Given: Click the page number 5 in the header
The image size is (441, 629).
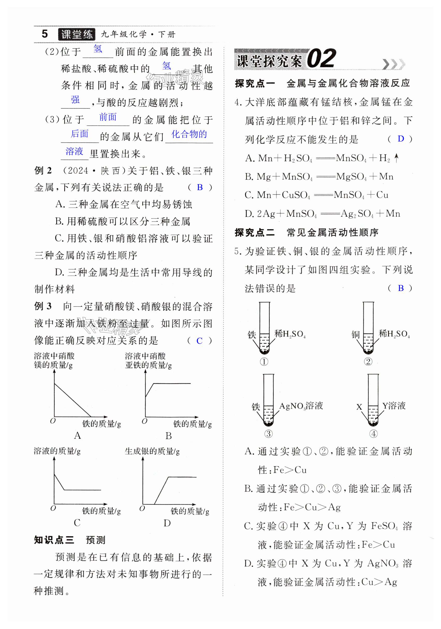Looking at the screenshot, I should coord(45,34).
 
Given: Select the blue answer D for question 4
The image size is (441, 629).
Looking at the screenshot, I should coord(401,139).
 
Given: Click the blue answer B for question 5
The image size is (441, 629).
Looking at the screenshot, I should coord(401,288).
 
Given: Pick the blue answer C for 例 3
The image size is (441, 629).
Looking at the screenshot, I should coord(200,341).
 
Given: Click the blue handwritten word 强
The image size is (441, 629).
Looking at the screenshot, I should coord(75,100).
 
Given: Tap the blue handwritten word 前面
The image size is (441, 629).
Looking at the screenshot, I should coord(108,117).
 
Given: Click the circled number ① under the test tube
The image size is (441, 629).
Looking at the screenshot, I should coord(264,362).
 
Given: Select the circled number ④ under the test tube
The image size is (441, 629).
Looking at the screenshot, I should coord(373,434).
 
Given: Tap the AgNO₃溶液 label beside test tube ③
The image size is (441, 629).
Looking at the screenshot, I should coord(301,406).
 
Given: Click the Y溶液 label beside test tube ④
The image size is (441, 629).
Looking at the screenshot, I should coord(394,406).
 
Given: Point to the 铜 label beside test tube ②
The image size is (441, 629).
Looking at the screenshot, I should coord(356,334).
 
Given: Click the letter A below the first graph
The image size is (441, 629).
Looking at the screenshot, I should coord(78,435).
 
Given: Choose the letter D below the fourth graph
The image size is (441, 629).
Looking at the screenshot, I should coord(167,523).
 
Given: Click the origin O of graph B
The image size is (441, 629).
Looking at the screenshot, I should coord(144,421).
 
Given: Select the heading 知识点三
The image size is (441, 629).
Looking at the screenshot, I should coord(54,540).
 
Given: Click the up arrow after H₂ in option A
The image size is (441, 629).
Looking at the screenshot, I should coord(396,158).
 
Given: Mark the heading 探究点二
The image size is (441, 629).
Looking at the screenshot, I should coord(255,233).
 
